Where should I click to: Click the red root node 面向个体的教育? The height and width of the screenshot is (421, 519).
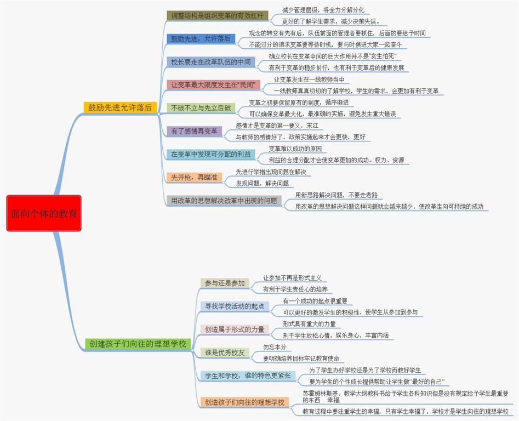pyautogui.click(x=44, y=213)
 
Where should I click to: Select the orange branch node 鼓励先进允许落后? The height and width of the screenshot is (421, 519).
pyautogui.click(x=120, y=108)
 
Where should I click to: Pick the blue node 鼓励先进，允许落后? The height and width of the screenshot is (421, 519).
pyautogui.click(x=201, y=39)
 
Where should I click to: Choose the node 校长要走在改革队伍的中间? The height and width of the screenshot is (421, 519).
pyautogui.click(x=211, y=62)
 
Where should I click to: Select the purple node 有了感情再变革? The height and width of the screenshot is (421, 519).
pyautogui.click(x=194, y=132)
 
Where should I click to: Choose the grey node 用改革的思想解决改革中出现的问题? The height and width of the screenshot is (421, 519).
pyautogui.click(x=224, y=201)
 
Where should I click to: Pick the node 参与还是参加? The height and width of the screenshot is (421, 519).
pyautogui.click(x=225, y=283)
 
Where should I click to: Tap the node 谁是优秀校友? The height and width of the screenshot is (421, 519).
pyautogui.click(x=225, y=352)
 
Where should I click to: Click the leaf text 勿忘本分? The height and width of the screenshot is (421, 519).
pyautogui.click(x=274, y=347)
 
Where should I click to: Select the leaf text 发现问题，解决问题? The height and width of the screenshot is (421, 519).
pyautogui.click(x=262, y=183)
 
